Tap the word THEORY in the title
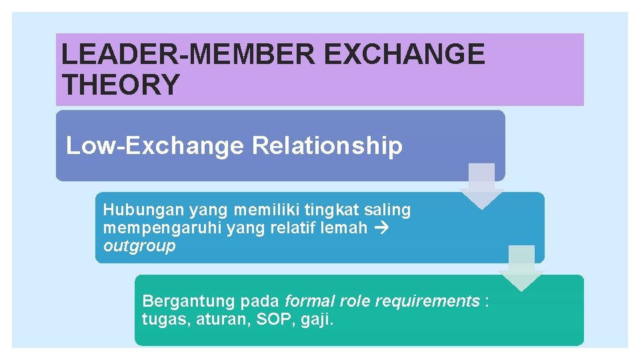click(121, 85)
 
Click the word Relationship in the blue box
click(327, 145)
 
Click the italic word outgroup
click(139, 246)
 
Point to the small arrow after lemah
click(381, 228)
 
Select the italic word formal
click(307, 301)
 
